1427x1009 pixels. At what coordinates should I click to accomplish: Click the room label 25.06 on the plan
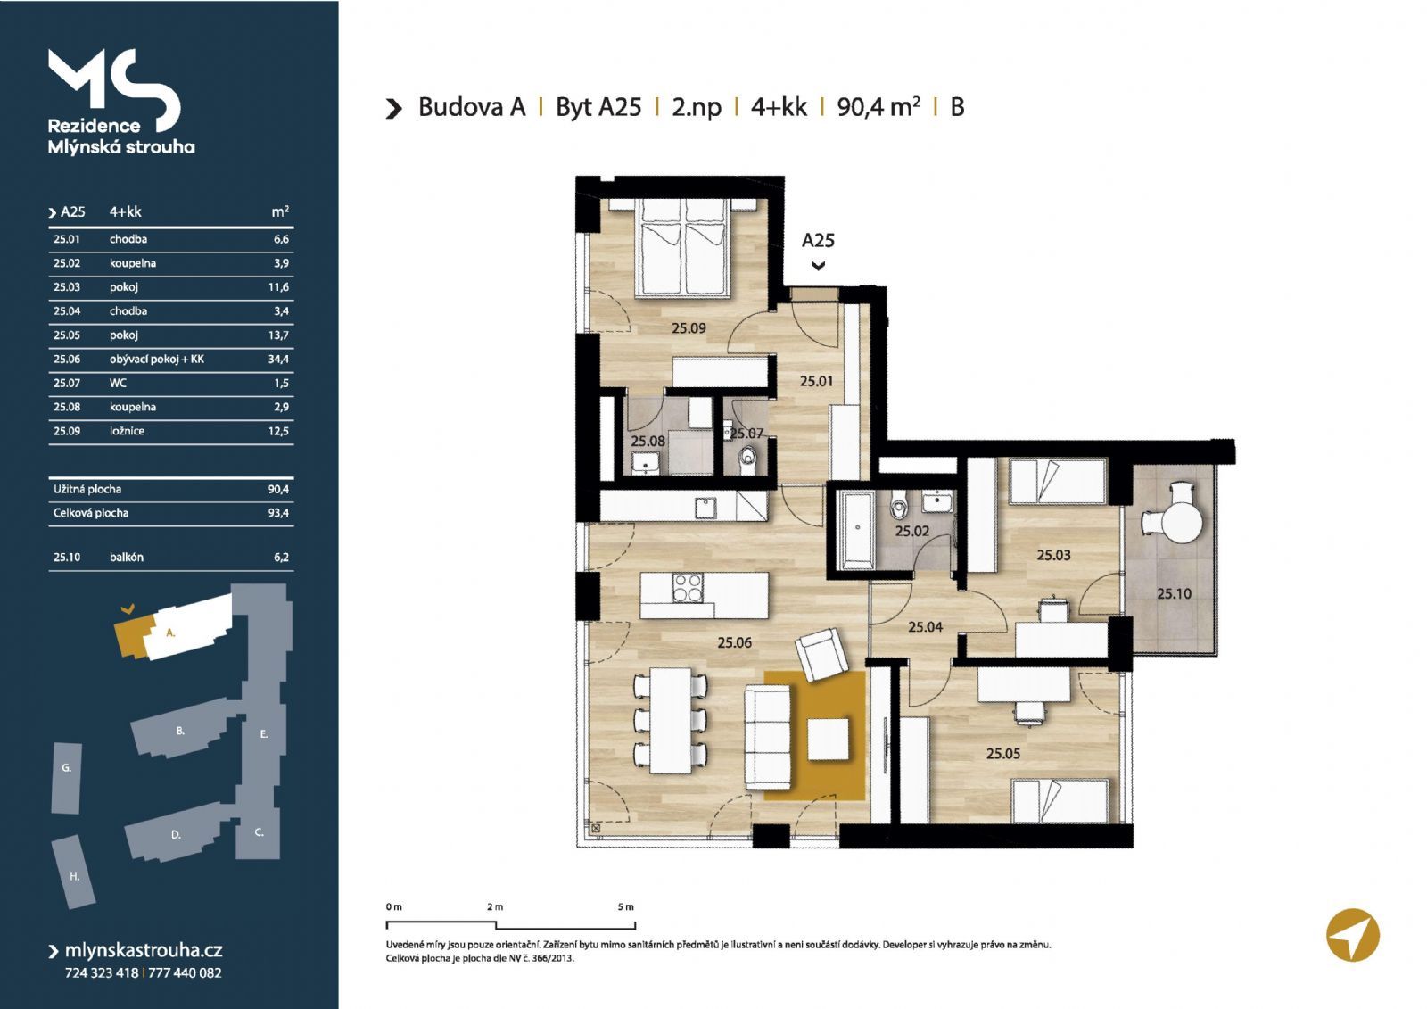point(735,642)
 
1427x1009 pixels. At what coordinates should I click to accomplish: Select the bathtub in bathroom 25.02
point(857,529)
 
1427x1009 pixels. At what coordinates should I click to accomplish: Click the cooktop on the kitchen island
point(688,588)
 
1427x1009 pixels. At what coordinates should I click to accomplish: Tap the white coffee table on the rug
point(829,739)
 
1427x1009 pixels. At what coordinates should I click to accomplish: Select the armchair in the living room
point(821,654)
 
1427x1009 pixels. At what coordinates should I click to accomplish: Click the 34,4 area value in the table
point(278,359)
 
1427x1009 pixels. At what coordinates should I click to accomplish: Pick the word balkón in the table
point(126,557)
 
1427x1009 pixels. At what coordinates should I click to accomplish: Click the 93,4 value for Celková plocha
point(278,512)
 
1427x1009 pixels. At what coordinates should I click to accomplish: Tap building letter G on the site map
point(66,768)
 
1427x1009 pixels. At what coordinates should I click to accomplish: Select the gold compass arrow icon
point(1353,934)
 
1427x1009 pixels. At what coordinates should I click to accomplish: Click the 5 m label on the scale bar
point(625,906)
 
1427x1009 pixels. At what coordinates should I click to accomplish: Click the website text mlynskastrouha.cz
point(144,950)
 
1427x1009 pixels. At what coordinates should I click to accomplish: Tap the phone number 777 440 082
point(185,972)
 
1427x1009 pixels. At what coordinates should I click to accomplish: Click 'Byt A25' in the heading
point(598,107)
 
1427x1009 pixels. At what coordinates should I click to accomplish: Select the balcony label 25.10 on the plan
point(1174,593)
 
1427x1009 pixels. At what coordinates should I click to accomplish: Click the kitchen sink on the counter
point(705,508)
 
